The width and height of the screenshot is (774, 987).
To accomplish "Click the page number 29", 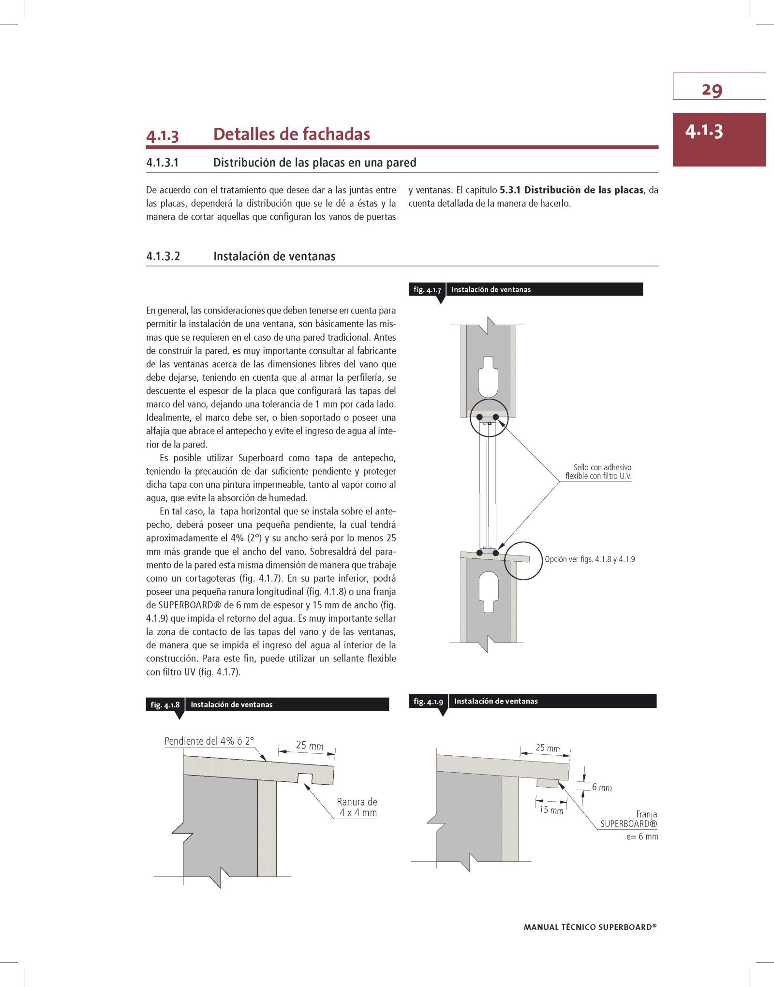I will pyautogui.click(x=712, y=90).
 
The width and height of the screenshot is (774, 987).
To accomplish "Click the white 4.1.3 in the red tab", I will pyautogui.click(x=704, y=132).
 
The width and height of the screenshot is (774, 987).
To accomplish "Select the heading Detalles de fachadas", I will pyautogui.click(x=291, y=134).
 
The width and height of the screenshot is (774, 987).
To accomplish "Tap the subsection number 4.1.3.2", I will pyautogui.click(x=163, y=256).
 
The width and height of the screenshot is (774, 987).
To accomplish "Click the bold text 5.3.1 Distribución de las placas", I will pyautogui.click(x=571, y=190).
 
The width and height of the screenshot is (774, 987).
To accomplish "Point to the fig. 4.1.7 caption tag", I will pyautogui.click(x=427, y=290).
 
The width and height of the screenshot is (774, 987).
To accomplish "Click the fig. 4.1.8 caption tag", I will pyautogui.click(x=165, y=704).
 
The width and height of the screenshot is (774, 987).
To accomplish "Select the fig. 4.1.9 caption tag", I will pyautogui.click(x=428, y=701).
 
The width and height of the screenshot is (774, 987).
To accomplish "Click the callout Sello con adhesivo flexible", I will pyautogui.click(x=599, y=472).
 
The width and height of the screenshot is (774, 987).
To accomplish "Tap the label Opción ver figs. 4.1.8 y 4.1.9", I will pyautogui.click(x=590, y=559).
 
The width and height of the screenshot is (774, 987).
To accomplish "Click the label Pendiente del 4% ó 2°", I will pyautogui.click(x=209, y=741).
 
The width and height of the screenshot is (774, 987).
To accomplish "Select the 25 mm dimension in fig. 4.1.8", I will pyautogui.click(x=310, y=745).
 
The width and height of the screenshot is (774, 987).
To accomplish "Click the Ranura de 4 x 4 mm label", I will pyautogui.click(x=357, y=807).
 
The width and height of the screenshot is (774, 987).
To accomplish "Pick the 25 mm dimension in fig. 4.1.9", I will pyautogui.click(x=547, y=748).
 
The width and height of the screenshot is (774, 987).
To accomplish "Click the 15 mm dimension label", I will pyautogui.click(x=551, y=810).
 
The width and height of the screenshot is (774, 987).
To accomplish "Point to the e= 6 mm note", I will pyautogui.click(x=642, y=837).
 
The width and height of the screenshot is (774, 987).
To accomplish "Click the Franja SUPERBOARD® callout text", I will pyautogui.click(x=628, y=819).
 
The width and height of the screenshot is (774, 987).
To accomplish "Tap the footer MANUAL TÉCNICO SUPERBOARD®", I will pyautogui.click(x=590, y=927).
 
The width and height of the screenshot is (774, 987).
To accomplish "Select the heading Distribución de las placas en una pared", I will pyautogui.click(x=314, y=163).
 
